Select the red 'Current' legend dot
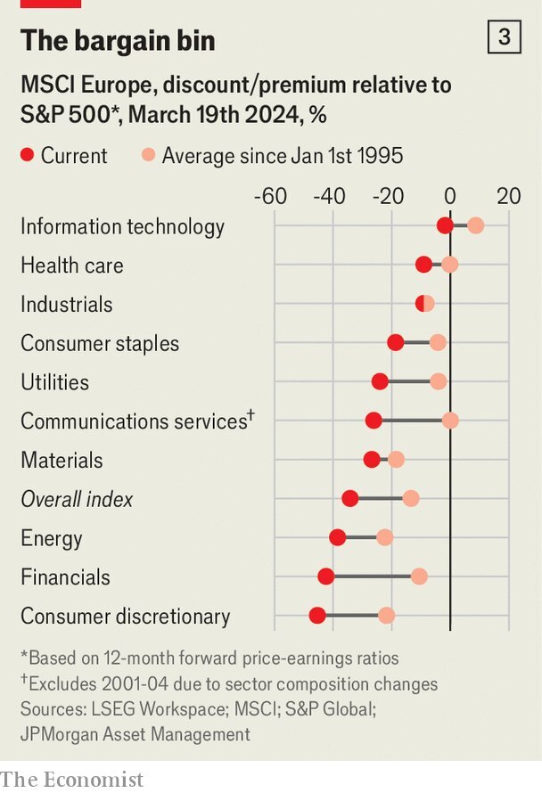(x=27, y=156)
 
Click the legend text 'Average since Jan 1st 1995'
(x=282, y=156)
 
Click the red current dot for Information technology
(x=445, y=226)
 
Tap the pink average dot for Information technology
(x=476, y=226)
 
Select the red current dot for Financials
(x=326, y=576)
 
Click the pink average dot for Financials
(x=419, y=576)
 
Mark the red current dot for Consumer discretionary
(x=317, y=616)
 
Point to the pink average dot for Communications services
(x=450, y=421)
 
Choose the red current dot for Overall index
(x=350, y=498)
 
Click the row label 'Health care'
(x=72, y=266)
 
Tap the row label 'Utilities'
(x=55, y=382)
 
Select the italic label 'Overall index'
(x=77, y=499)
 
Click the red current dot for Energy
(x=337, y=537)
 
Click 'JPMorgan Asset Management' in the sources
(x=135, y=734)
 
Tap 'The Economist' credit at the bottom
(x=72, y=779)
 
